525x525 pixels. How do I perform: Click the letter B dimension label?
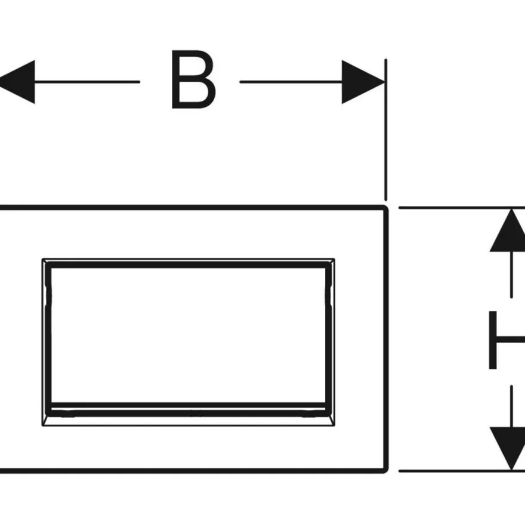(193, 79)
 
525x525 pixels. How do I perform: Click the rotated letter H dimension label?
(507, 340)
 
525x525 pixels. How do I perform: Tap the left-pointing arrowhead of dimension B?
(17, 82)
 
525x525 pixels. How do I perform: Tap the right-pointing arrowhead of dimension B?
(363, 82)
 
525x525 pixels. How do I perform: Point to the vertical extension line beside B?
(386, 130)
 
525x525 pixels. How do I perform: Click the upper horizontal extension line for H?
(462, 208)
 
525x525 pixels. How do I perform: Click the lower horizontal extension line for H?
(462, 471)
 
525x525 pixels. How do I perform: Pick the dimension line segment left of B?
(87, 82)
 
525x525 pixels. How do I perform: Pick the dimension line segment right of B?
(291, 82)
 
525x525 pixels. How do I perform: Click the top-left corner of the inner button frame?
(42, 259)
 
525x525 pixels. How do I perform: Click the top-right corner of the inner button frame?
(335, 259)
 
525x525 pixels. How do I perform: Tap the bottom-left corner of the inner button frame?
(42, 426)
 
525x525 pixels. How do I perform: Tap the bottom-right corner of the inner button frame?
(335, 426)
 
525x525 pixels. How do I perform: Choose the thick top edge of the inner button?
(189, 265)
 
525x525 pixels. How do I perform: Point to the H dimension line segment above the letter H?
(511, 274)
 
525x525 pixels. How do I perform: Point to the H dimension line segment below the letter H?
(511, 406)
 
